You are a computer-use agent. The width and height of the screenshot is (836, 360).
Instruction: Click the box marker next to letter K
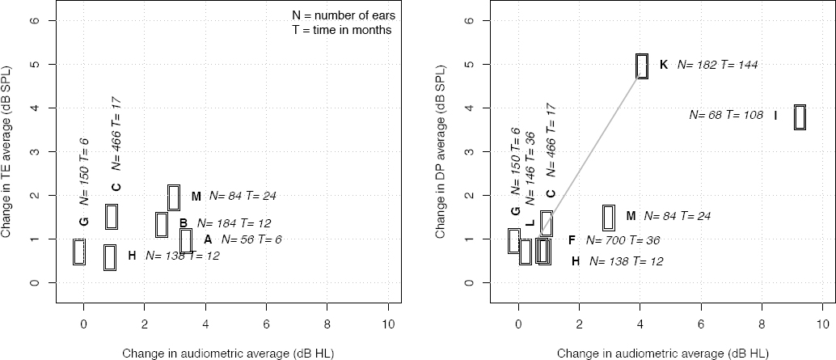tap(642, 66)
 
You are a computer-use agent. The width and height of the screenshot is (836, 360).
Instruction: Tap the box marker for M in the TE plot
tap(173, 197)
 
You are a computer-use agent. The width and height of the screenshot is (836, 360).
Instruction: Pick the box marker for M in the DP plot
tap(608, 217)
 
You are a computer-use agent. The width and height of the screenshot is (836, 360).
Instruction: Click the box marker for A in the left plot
tap(186, 240)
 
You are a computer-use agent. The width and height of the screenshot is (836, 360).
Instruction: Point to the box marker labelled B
tap(162, 224)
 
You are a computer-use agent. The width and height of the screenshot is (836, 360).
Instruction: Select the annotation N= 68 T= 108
tap(726, 116)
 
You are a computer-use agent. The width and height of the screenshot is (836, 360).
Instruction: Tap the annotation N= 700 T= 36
tap(624, 240)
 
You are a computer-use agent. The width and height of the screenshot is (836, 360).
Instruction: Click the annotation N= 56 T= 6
tap(251, 239)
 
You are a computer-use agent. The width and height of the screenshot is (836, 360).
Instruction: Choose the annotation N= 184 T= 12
tap(234, 223)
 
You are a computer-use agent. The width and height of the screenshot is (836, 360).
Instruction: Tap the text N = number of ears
tap(342, 14)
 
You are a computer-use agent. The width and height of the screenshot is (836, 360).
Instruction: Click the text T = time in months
tap(342, 29)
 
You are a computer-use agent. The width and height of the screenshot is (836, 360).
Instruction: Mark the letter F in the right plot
tap(572, 240)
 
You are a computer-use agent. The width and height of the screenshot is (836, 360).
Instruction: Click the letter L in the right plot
tap(530, 223)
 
